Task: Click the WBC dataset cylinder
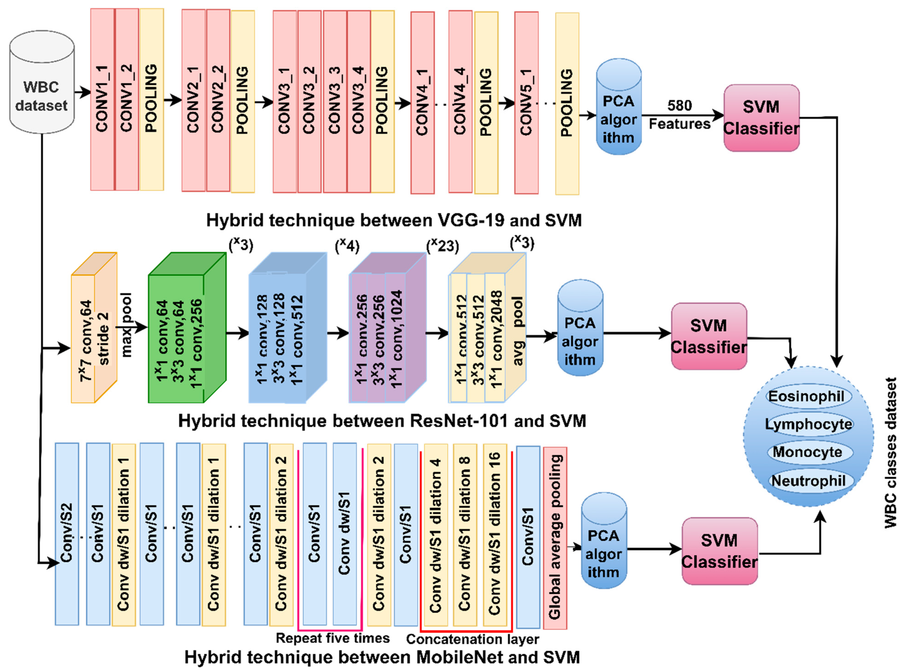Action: [x=42, y=83]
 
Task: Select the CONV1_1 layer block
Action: [x=102, y=99]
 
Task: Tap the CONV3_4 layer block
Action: [x=359, y=101]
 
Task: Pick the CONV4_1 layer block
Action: [x=422, y=103]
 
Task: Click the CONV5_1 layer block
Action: [x=526, y=103]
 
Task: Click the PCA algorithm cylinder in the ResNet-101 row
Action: [x=580, y=327]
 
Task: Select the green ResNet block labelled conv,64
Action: [x=187, y=327]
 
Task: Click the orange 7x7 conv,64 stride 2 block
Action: [x=94, y=327]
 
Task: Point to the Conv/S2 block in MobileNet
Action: [x=67, y=534]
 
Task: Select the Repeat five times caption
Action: [x=333, y=638]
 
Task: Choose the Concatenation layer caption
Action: [x=473, y=639]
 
